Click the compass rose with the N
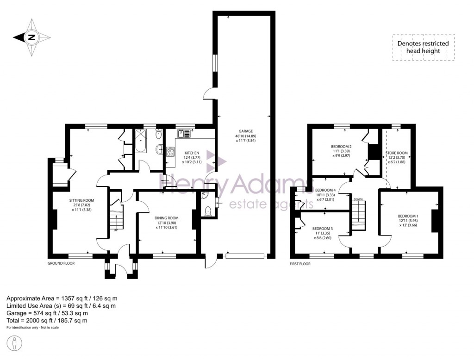click(x=31, y=38)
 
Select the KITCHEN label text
click(x=192, y=153)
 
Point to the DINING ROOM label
click(x=166, y=218)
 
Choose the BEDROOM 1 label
click(x=408, y=216)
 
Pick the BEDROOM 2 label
click(x=342, y=144)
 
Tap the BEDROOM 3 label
click(x=322, y=229)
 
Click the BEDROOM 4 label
click(x=325, y=190)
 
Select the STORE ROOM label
click(x=397, y=153)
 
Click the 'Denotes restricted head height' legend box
click(x=423, y=47)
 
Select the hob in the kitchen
click(x=170, y=151)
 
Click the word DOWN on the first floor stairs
click(x=358, y=199)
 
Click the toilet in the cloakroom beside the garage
click(x=208, y=211)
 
